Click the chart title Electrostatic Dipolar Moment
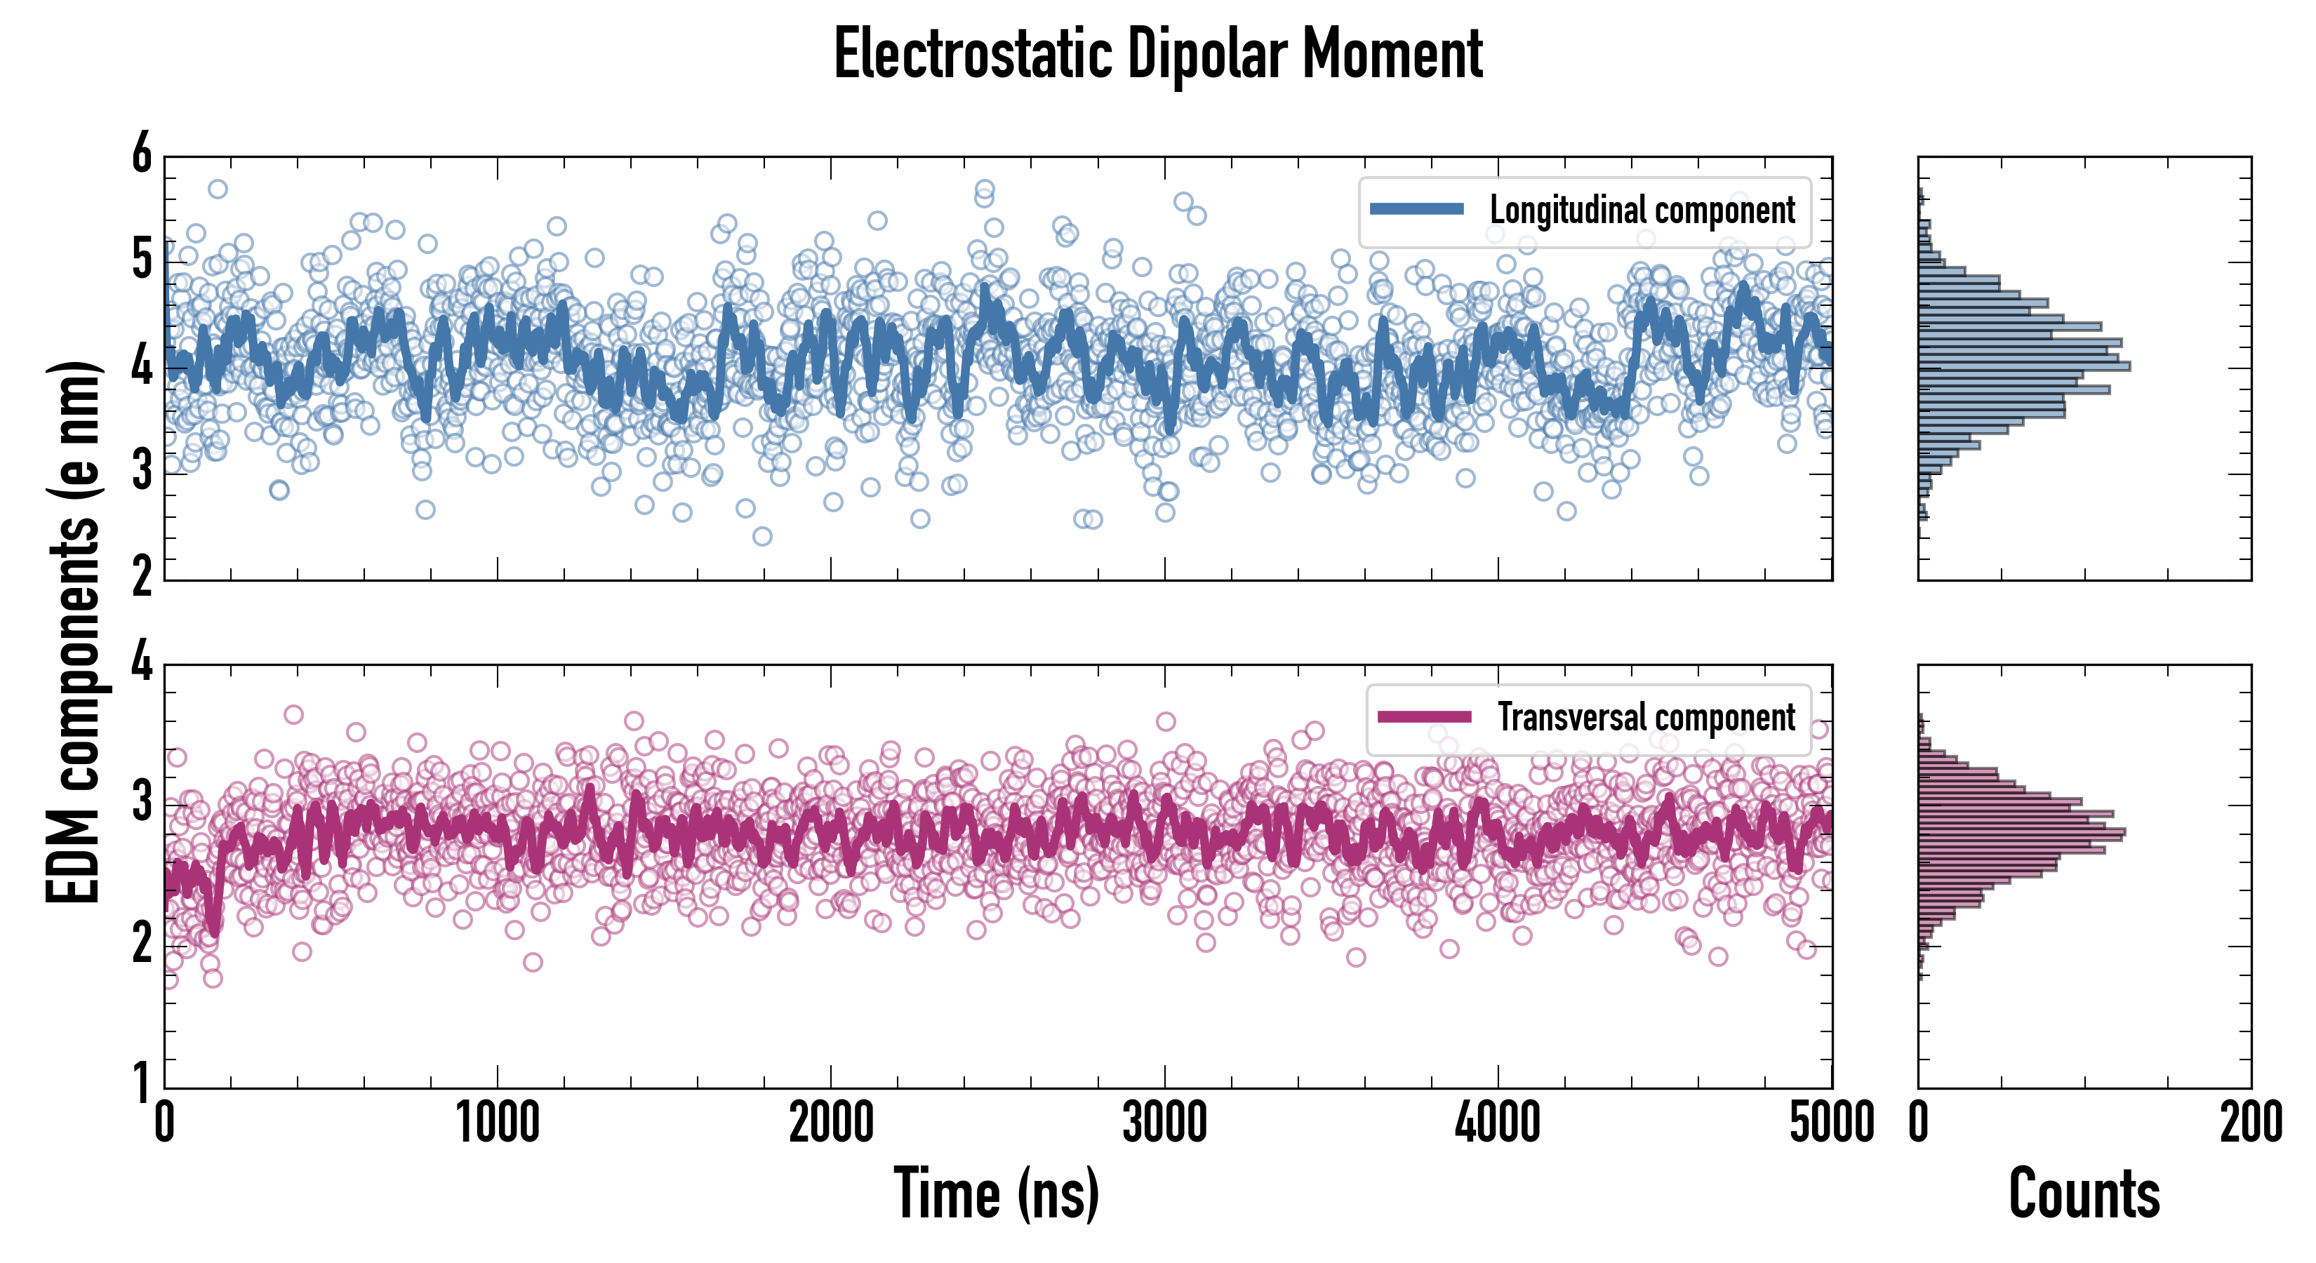pyautogui.click(x=1158, y=54)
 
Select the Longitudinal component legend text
pyautogui.click(x=1642, y=210)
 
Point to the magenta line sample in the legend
pyautogui.click(x=1424, y=717)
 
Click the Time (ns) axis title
pyautogui.click(x=996, y=1193)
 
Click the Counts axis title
pyautogui.click(x=2084, y=1193)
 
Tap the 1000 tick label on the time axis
pyautogui.click(x=497, y=1123)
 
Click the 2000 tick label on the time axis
pyautogui.click(x=831, y=1123)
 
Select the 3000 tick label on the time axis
pyautogui.click(x=1164, y=1123)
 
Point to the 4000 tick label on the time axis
pyautogui.click(x=1498, y=1123)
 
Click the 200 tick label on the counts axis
pyautogui.click(x=2250, y=1123)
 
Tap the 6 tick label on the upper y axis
pyautogui.click(x=142, y=154)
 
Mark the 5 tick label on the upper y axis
pyautogui.click(x=142, y=261)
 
